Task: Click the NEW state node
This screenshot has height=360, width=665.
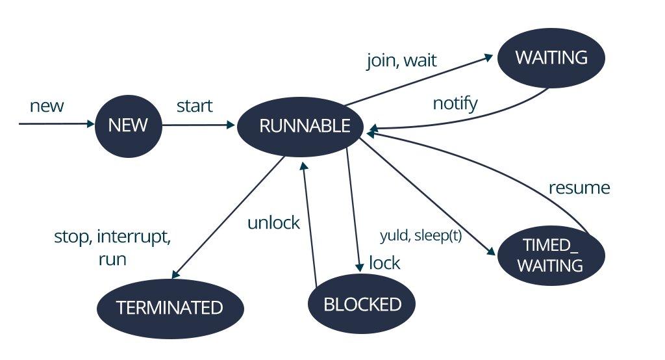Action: [128, 125]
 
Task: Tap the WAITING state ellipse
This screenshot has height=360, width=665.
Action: [551, 57]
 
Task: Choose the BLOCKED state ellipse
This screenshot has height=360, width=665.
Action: [361, 303]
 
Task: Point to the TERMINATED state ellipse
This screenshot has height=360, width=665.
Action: [169, 307]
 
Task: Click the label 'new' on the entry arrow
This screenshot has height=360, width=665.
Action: [47, 105]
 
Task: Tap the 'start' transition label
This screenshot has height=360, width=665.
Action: [195, 105]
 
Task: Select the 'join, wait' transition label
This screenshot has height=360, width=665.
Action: [402, 60]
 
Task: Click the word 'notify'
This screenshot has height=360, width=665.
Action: [455, 103]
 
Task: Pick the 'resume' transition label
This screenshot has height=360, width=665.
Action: [579, 188]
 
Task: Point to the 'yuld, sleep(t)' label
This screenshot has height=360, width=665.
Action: [420, 236]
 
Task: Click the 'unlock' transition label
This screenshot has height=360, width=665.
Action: [273, 223]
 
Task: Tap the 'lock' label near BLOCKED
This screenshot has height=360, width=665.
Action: [384, 263]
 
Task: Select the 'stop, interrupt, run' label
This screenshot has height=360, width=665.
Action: [112, 248]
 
